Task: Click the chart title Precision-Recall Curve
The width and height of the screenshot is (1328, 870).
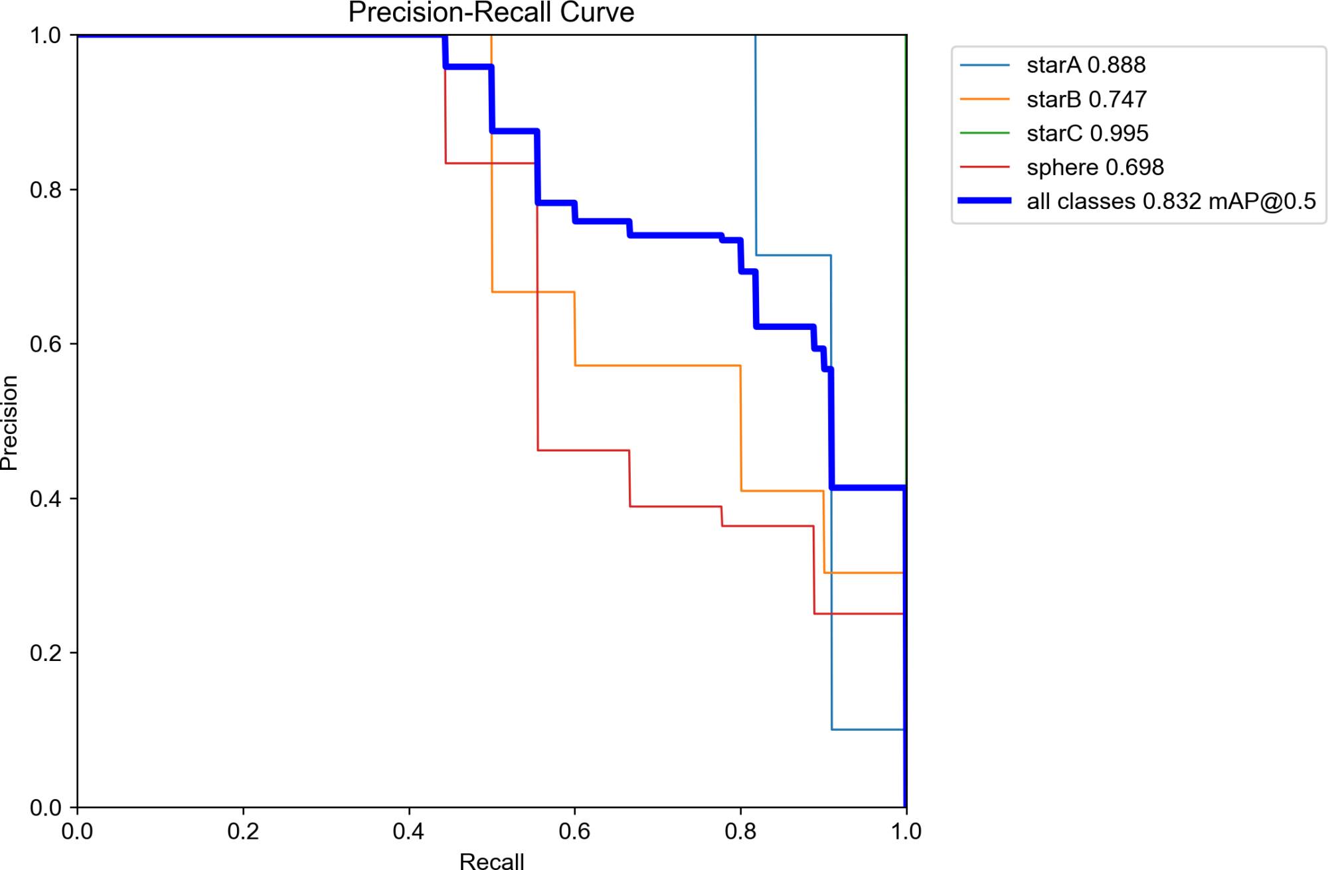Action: coord(491,13)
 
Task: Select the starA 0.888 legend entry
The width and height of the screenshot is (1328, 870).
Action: coord(1086,65)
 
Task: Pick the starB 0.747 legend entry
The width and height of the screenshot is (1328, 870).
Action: coord(1086,100)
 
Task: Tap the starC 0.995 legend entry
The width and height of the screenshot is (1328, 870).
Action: coord(1087,133)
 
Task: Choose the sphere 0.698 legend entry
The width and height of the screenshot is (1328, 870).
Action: coord(1095,167)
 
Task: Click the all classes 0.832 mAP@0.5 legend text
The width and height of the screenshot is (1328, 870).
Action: coord(1171,201)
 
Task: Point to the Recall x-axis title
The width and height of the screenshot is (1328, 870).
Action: coord(491,861)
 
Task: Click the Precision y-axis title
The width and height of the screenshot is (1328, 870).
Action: coord(9,422)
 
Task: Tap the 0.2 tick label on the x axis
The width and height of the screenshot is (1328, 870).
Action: coord(243,832)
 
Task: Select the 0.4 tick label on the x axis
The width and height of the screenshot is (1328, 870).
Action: coord(408,832)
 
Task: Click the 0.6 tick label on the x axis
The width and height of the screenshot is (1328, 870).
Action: coord(574,832)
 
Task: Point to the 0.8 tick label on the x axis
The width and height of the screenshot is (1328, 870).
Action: coord(740,832)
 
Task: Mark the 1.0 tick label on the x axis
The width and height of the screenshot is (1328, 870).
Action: coord(906,832)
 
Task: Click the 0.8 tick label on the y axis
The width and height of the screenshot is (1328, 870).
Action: coord(45,190)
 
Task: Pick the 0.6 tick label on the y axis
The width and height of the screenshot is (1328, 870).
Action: coord(45,344)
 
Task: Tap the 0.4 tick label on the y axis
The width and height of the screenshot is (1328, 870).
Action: coord(45,499)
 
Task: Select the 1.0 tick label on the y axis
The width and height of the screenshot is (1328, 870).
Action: coord(45,35)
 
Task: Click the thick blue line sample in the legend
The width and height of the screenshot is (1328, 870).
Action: coord(985,200)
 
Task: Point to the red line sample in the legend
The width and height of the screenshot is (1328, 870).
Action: coord(985,167)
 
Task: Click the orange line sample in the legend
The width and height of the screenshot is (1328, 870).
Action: coord(985,100)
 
